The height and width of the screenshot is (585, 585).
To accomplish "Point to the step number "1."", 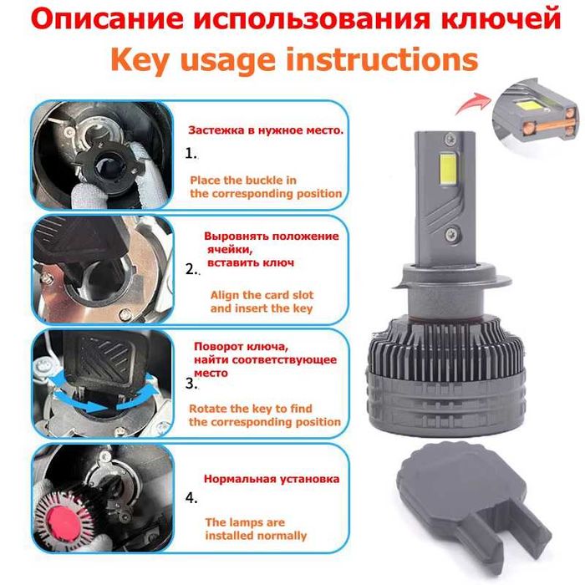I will (x=191, y=154).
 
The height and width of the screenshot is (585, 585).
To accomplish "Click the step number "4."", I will (x=191, y=498).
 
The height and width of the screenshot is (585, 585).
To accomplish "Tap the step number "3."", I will (x=191, y=384).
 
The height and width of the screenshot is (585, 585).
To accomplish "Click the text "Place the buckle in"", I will (x=243, y=180).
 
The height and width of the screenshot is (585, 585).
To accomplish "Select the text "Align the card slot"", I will (x=262, y=294).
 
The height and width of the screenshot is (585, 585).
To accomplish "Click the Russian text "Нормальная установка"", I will (x=272, y=480).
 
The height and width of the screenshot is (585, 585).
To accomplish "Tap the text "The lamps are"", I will (x=245, y=521).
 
